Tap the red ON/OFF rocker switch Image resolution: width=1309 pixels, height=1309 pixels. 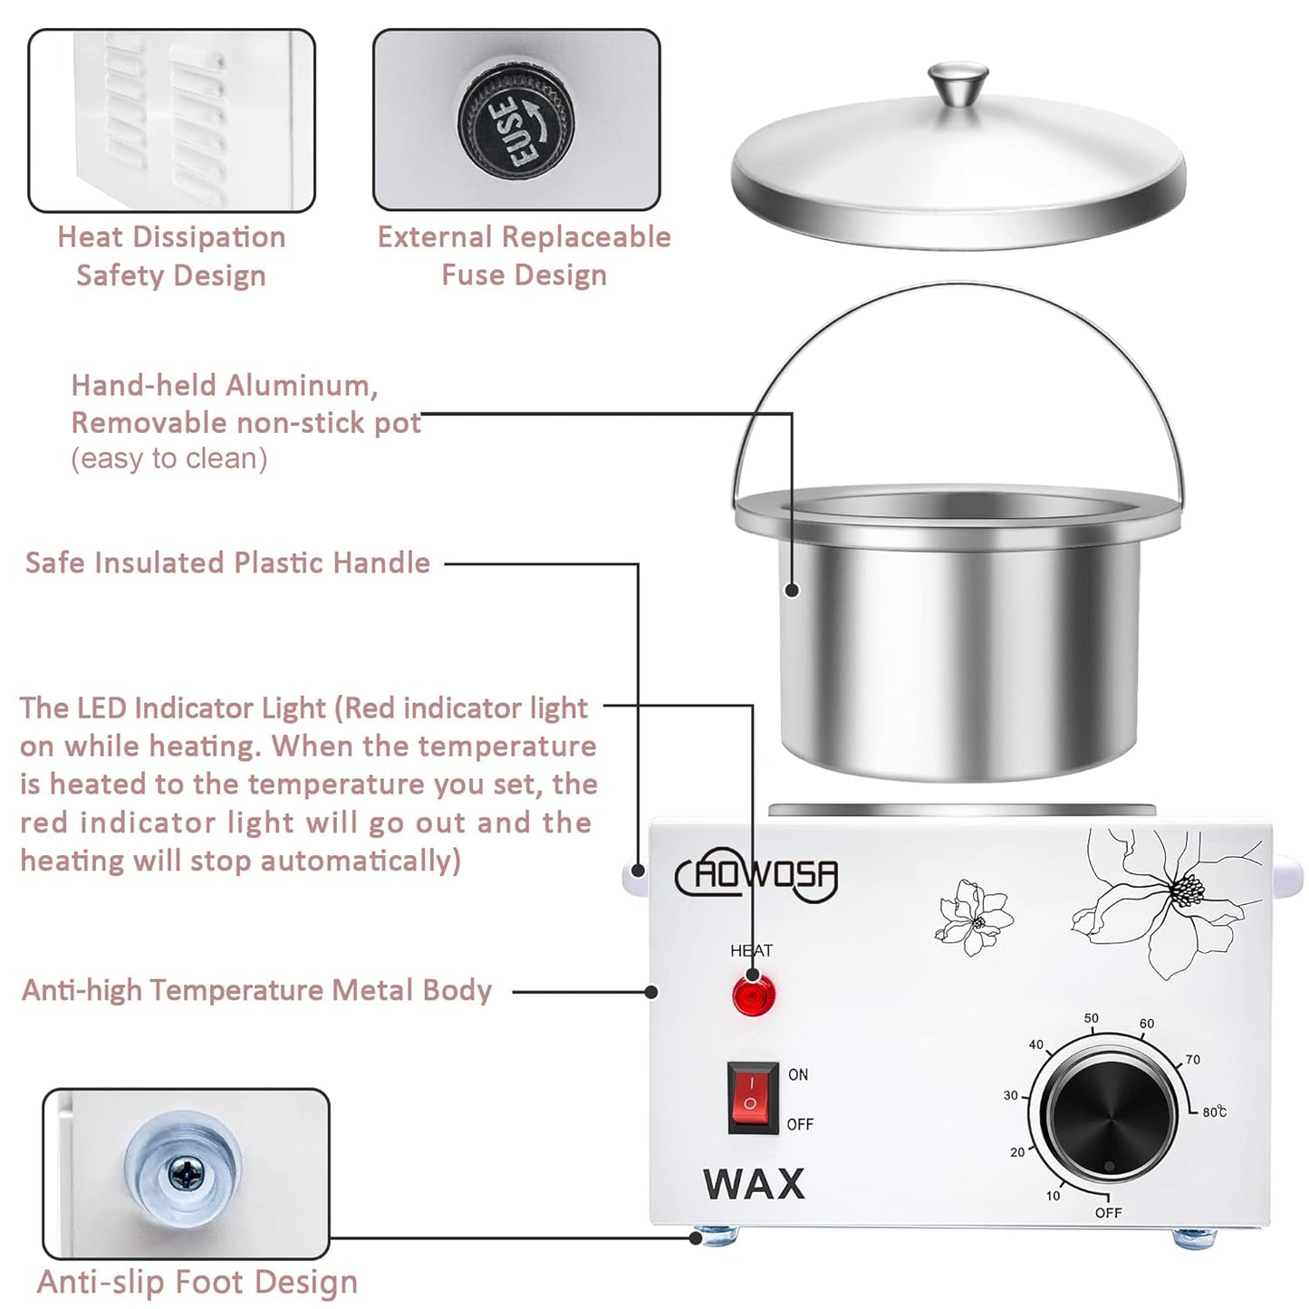click(x=752, y=1098)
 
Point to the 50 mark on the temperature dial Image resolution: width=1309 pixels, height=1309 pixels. click(x=1092, y=1018)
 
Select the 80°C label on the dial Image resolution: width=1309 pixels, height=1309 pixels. click(x=1214, y=1112)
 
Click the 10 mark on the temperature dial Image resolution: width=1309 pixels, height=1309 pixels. click(x=1053, y=1196)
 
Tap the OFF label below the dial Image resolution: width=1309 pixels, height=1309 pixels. click(x=1108, y=1213)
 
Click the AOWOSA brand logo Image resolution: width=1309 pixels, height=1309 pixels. click(x=756, y=876)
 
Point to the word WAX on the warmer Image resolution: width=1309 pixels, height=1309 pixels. click(x=754, y=1184)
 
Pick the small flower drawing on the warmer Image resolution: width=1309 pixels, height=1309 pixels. click(x=974, y=917)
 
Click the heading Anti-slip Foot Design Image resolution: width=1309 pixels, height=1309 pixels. click(x=197, y=1282)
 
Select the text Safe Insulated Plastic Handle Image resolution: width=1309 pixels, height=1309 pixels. click(x=227, y=563)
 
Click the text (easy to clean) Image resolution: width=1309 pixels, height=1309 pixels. click(x=169, y=459)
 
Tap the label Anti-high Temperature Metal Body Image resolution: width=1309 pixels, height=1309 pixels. click(x=256, y=990)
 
